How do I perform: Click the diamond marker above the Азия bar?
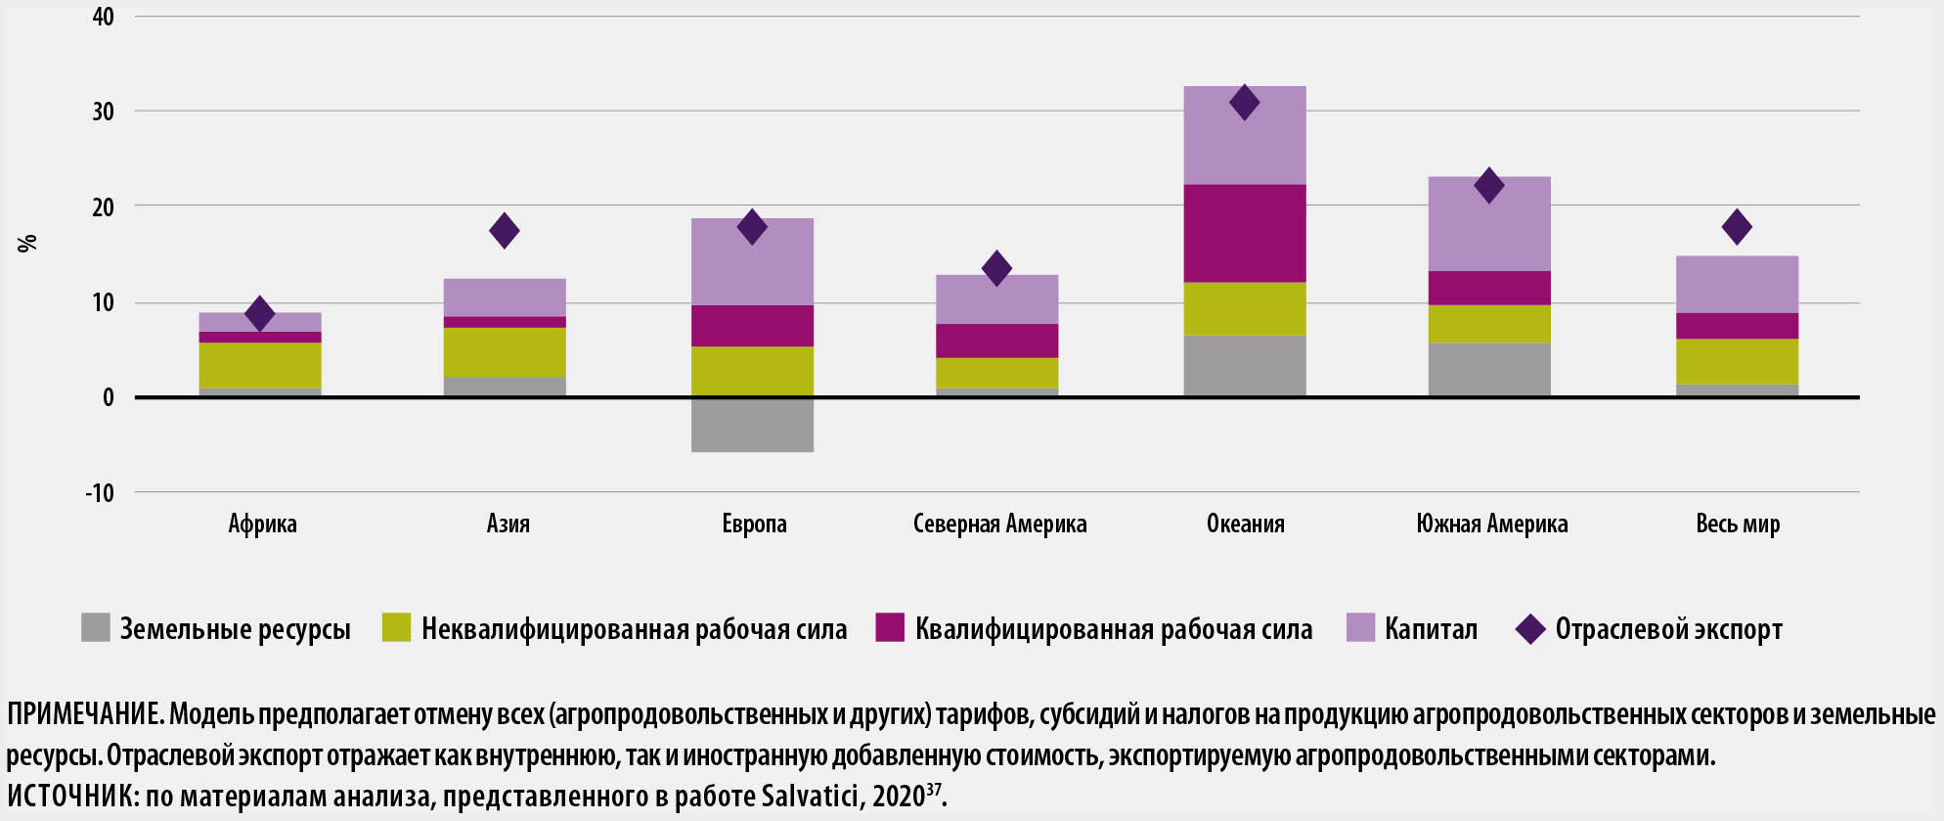[x=505, y=231]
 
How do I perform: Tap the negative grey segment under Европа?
[x=752, y=424]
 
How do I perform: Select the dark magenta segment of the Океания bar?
[x=1245, y=233]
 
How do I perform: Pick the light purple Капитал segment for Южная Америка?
[x=1489, y=224]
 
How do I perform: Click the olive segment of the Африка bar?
[x=260, y=365]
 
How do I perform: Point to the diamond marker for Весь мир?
[x=1737, y=227]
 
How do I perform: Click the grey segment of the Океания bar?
[x=1245, y=366]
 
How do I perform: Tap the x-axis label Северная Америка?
[x=999, y=524]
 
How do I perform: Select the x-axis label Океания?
[x=1245, y=524]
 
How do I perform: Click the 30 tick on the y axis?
[x=104, y=112]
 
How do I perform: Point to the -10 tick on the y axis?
[x=100, y=492]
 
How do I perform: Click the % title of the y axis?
[x=27, y=243]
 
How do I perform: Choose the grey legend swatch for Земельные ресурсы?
[x=96, y=628]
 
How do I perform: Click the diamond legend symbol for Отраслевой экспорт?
[x=1529, y=628]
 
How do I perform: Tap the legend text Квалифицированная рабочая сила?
[x=1114, y=629]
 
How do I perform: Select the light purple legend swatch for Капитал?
[x=1360, y=628]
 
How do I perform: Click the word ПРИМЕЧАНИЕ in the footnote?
[x=84, y=714]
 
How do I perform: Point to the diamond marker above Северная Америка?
[x=996, y=268]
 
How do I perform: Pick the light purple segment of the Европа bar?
[x=752, y=261]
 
